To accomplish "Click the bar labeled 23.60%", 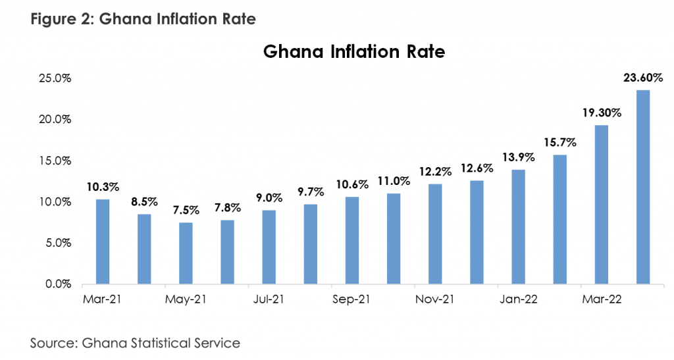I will tap(642, 187).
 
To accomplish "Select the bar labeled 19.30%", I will tap(601, 205).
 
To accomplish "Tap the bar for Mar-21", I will tap(102, 242).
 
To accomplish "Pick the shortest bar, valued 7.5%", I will tap(186, 253).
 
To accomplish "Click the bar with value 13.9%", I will tap(518, 227).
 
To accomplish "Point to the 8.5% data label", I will tap(144, 202).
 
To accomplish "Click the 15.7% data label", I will tap(559, 142).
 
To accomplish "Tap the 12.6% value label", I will tap(477, 168).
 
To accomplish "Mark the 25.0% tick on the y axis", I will tap(56, 78).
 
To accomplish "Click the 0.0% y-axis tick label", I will tap(59, 284).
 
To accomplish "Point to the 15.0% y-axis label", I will tap(56, 161).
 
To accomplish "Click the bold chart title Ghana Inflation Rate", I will tap(354, 51).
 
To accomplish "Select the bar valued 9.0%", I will tap(269, 247).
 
